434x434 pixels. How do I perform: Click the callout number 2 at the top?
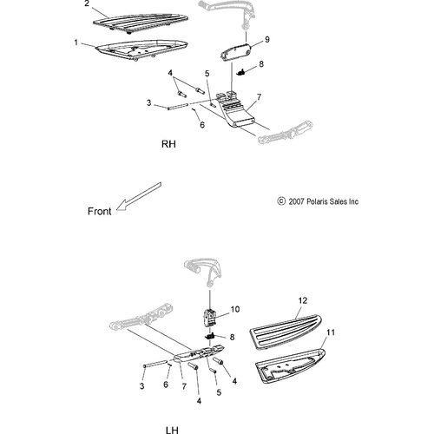click(87, 3)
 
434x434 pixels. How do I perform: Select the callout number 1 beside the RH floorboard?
click(76, 43)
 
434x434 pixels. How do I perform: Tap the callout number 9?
click(267, 39)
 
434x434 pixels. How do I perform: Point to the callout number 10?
click(235, 309)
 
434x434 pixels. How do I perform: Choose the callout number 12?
click(303, 300)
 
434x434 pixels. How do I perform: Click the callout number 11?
click(331, 332)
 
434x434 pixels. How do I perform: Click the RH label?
click(168, 144)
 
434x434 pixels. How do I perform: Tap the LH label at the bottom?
click(172, 431)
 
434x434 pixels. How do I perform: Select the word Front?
click(99, 211)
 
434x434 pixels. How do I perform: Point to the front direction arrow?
click(139, 196)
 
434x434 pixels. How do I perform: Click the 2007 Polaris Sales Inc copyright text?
click(318, 201)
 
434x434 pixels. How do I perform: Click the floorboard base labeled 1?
click(141, 50)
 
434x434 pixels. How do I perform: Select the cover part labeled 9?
click(234, 52)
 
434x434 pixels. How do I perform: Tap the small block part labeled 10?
click(210, 318)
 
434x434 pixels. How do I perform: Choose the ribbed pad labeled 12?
click(286, 332)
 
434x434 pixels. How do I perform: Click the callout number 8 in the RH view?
click(261, 64)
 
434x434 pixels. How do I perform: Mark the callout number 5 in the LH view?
click(219, 392)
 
